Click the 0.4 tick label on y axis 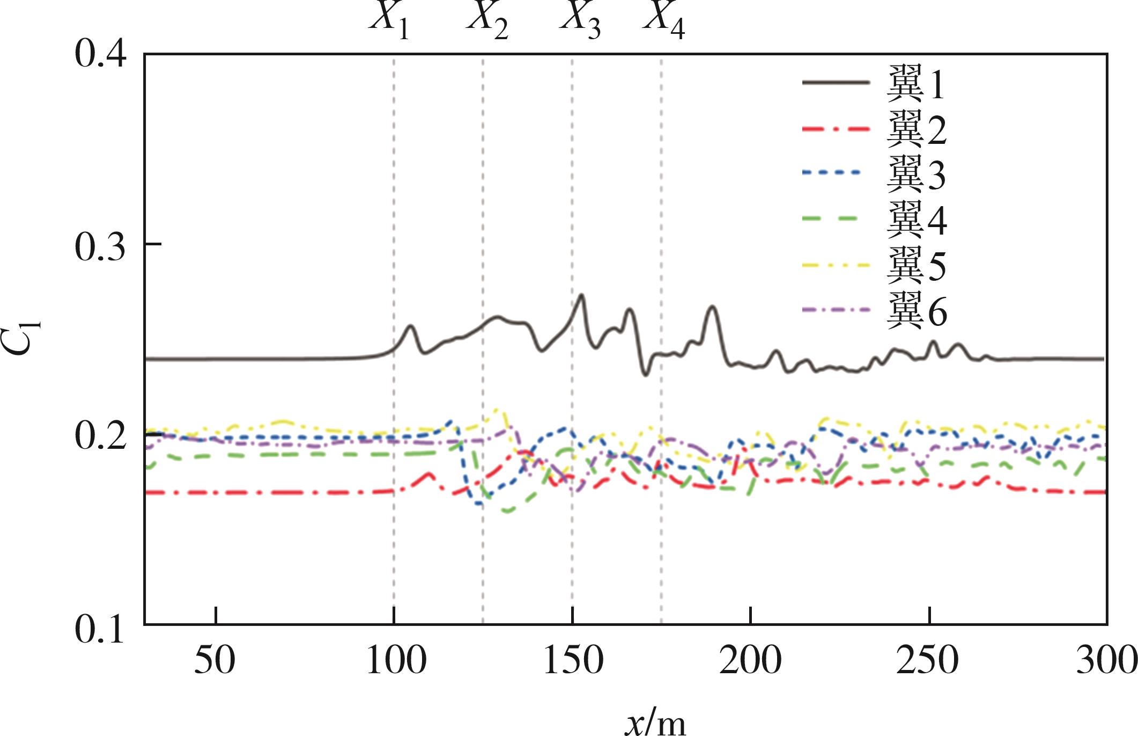click(100, 54)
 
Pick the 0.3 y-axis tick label click(100, 247)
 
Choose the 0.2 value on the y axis click(100, 436)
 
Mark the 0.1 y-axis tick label click(100, 628)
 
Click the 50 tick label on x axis click(215, 660)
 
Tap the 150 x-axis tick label click(573, 660)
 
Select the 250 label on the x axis click(928, 660)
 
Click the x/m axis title click(655, 722)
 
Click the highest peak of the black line click(581, 295)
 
